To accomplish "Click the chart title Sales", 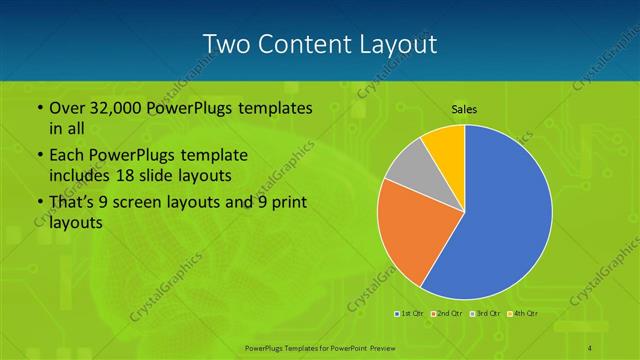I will pyautogui.click(x=464, y=109).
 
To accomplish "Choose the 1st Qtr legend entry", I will pyautogui.click(x=410, y=314).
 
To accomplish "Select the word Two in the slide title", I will pyautogui.click(x=224, y=44).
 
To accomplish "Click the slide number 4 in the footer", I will pyautogui.click(x=590, y=347).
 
